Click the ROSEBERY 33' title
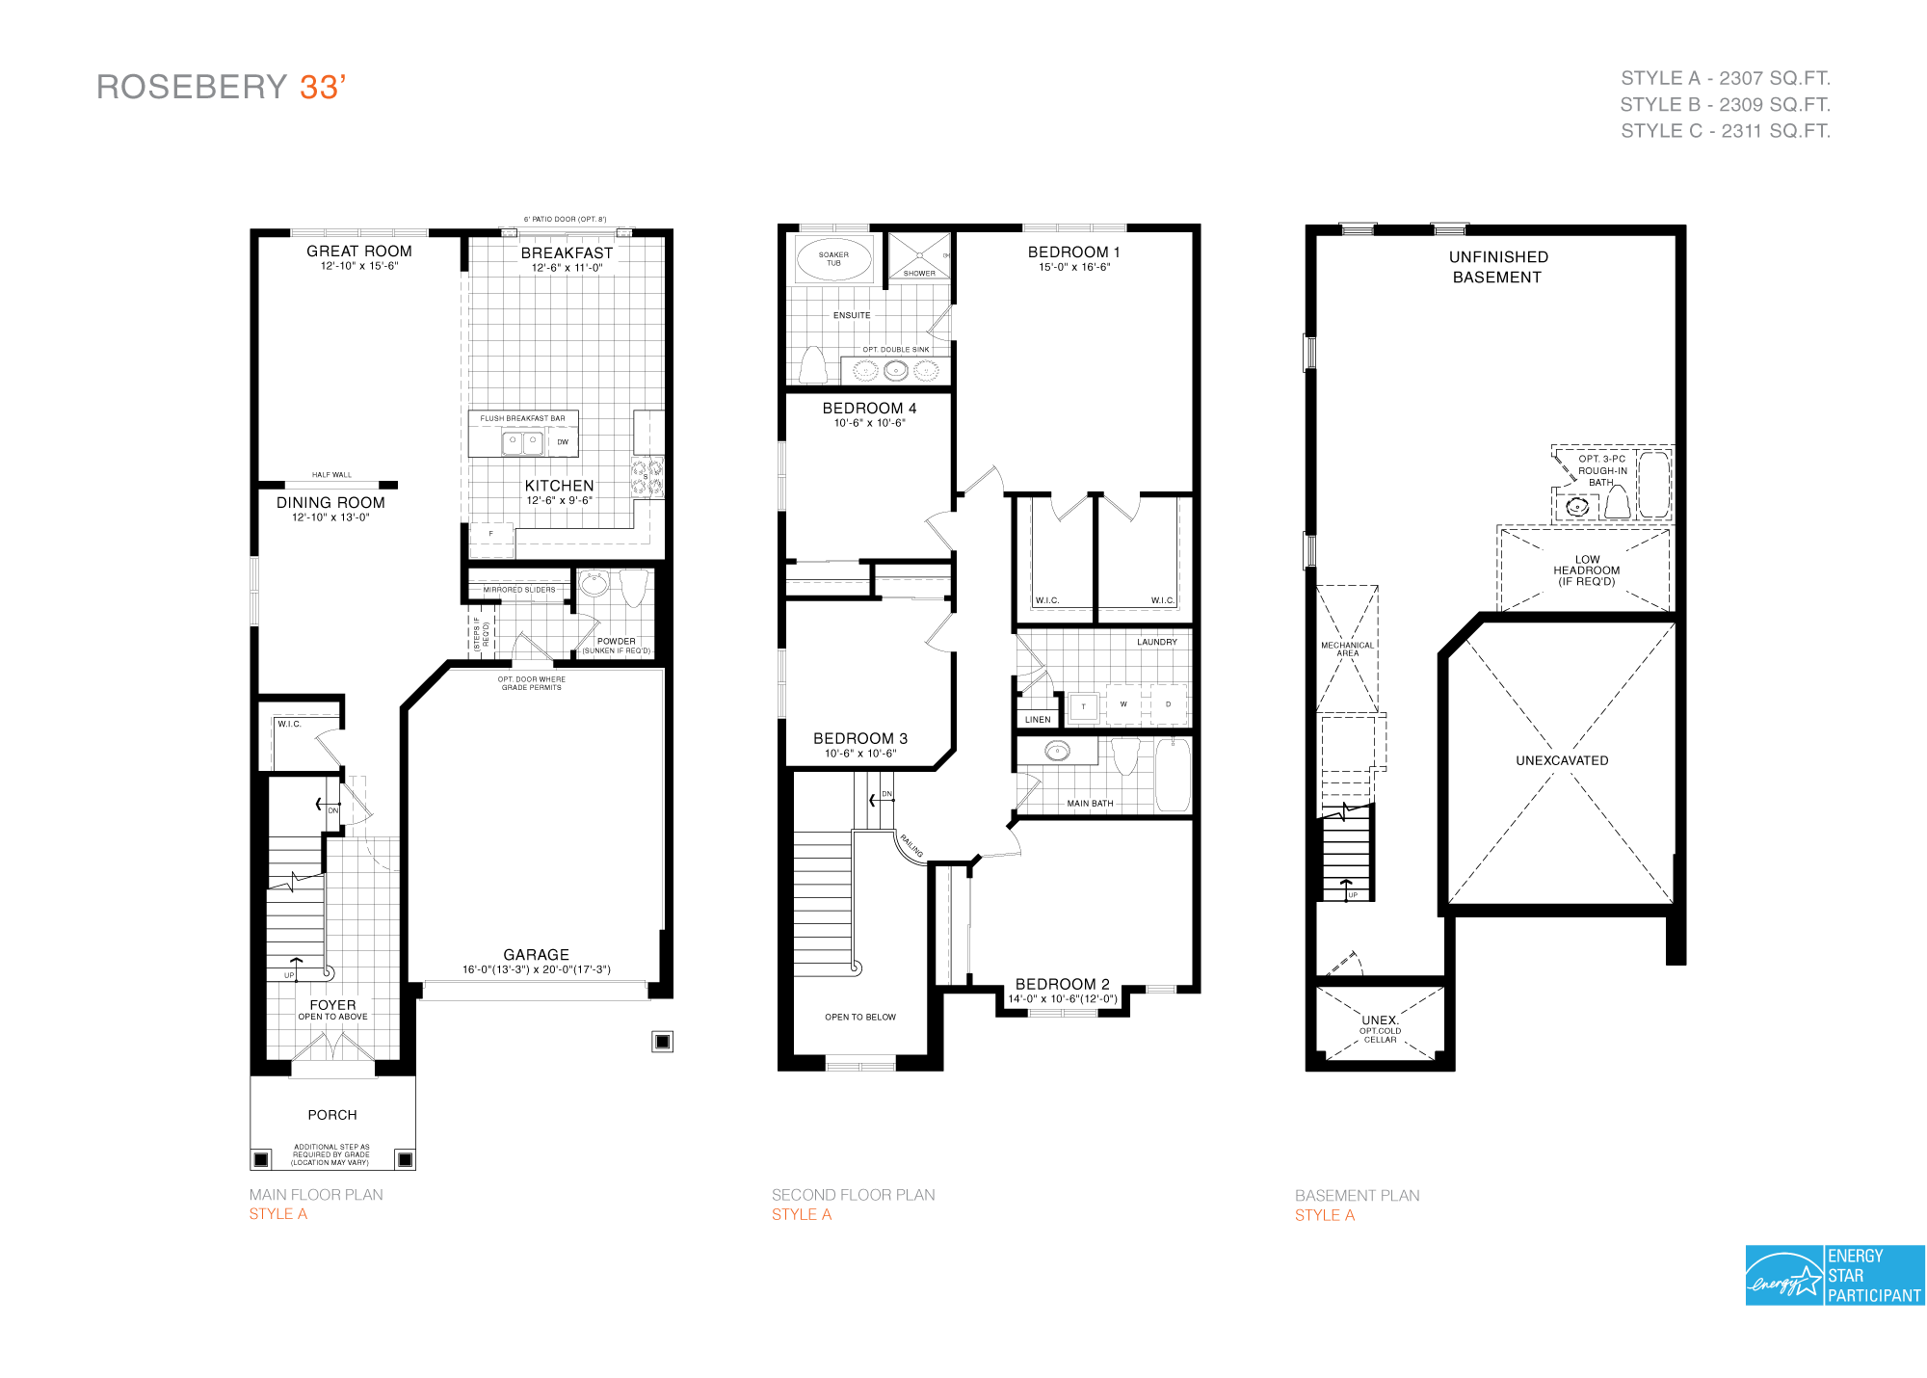click(x=221, y=87)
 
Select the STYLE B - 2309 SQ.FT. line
click(x=1725, y=104)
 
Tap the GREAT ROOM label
click(x=358, y=251)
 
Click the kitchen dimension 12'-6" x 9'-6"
click(x=559, y=500)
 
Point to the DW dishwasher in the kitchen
click(x=563, y=442)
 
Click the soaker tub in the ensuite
click(x=833, y=259)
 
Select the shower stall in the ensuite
click(x=919, y=256)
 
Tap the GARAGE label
click(x=536, y=954)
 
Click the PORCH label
click(x=332, y=1115)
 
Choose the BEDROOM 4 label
click(x=869, y=408)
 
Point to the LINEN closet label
click(x=1038, y=720)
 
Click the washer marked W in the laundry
click(x=1123, y=704)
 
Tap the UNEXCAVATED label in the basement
click(x=1562, y=760)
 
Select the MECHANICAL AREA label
click(x=1347, y=649)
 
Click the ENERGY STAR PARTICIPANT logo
click(x=1835, y=1275)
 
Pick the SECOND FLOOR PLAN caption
click(x=853, y=1195)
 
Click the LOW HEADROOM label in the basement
click(x=1586, y=570)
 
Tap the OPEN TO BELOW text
click(x=859, y=1017)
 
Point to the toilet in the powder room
click(x=633, y=587)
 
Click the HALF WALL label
click(x=331, y=475)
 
